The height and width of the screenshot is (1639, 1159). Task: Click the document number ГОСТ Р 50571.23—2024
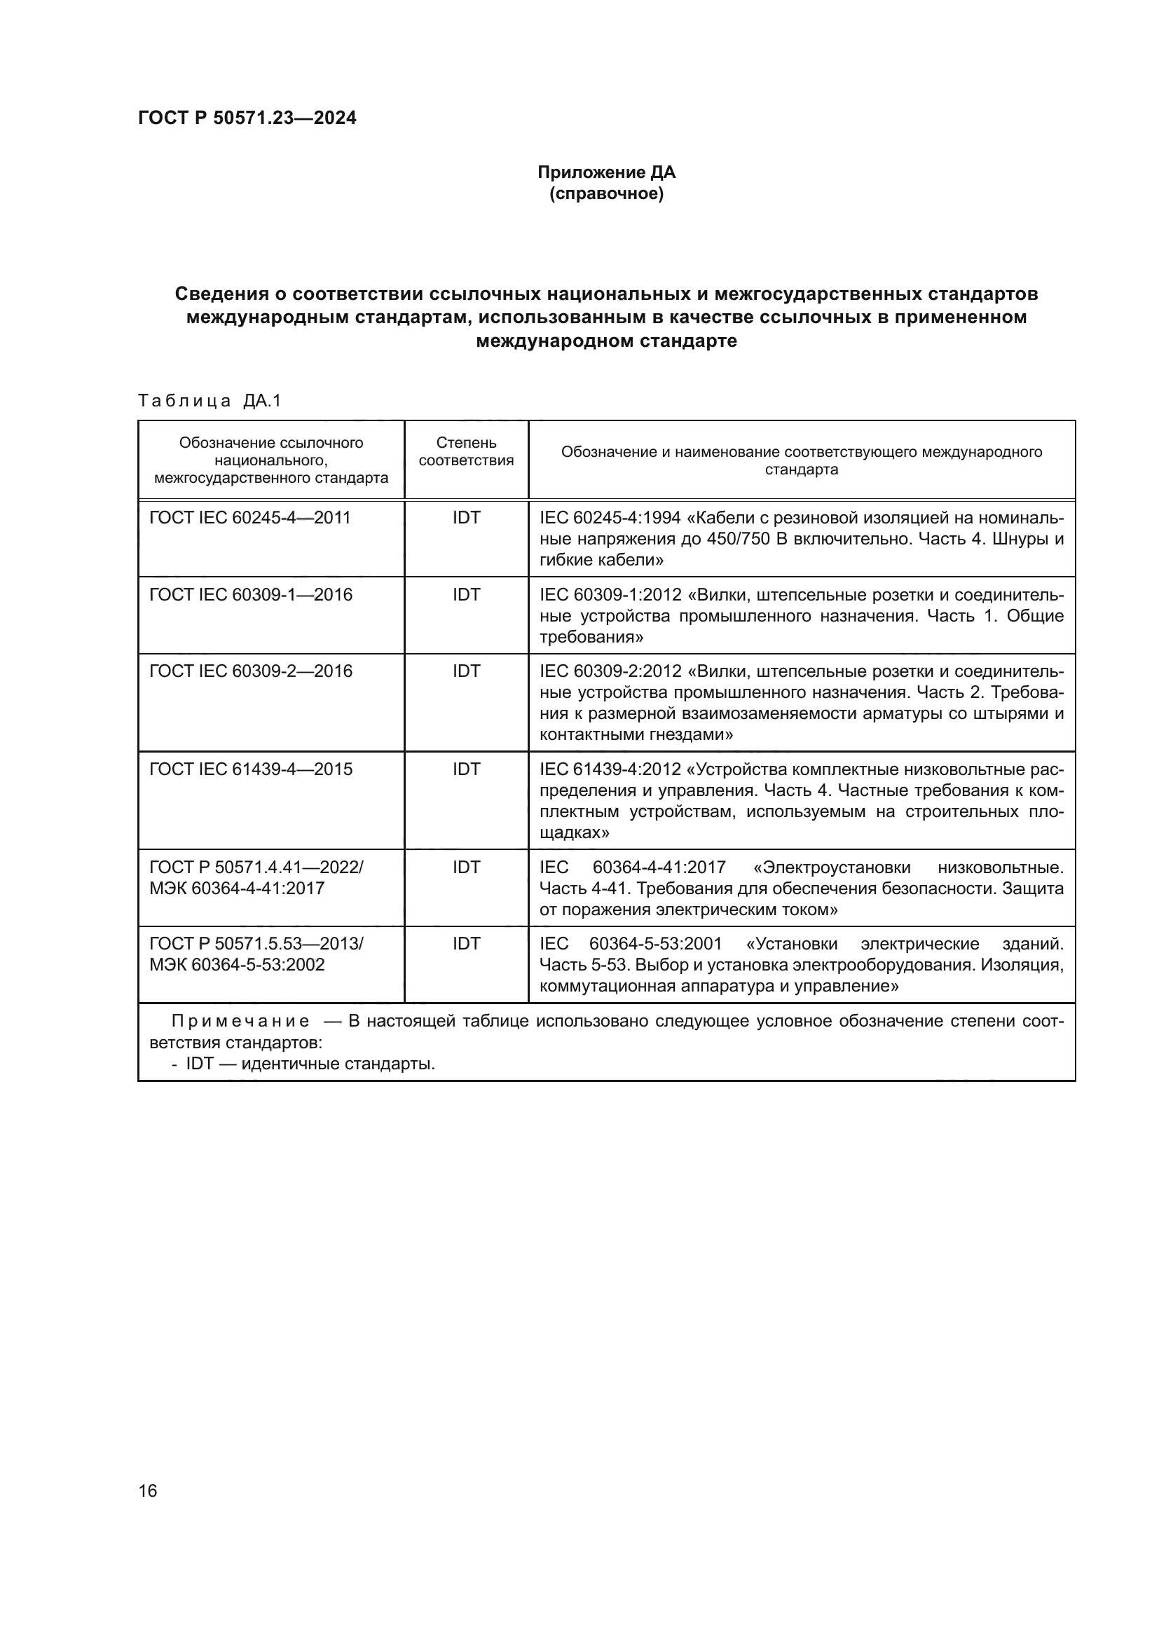(247, 118)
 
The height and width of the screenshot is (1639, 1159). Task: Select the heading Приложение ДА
(606, 172)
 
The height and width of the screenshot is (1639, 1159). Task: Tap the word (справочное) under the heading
(606, 193)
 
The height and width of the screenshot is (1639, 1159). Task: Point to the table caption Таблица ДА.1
(210, 402)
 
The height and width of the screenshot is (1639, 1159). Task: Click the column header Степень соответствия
(466, 452)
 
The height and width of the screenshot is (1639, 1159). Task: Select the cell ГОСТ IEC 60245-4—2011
(249, 518)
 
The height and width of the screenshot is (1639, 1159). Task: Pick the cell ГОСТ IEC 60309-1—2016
(250, 595)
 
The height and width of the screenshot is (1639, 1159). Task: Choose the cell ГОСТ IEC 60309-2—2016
(250, 671)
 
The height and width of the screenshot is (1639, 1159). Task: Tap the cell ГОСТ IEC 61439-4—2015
(250, 769)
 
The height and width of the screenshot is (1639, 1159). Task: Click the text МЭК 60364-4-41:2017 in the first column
(237, 888)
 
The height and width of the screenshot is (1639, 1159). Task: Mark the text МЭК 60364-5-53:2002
(237, 964)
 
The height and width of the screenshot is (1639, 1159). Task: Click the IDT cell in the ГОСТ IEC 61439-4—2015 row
(466, 769)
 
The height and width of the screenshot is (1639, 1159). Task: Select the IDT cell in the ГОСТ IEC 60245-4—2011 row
(466, 518)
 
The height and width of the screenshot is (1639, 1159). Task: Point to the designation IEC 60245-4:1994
(610, 518)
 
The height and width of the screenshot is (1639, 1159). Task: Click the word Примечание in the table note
(240, 1022)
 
